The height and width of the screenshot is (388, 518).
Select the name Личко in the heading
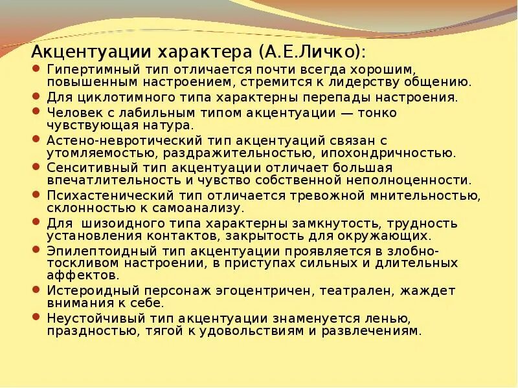(324, 51)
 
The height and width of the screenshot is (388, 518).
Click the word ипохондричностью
(403, 153)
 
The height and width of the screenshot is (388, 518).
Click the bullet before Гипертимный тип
(36, 69)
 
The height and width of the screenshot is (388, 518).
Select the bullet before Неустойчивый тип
(36, 318)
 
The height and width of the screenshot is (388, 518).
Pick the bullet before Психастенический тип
(36, 195)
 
